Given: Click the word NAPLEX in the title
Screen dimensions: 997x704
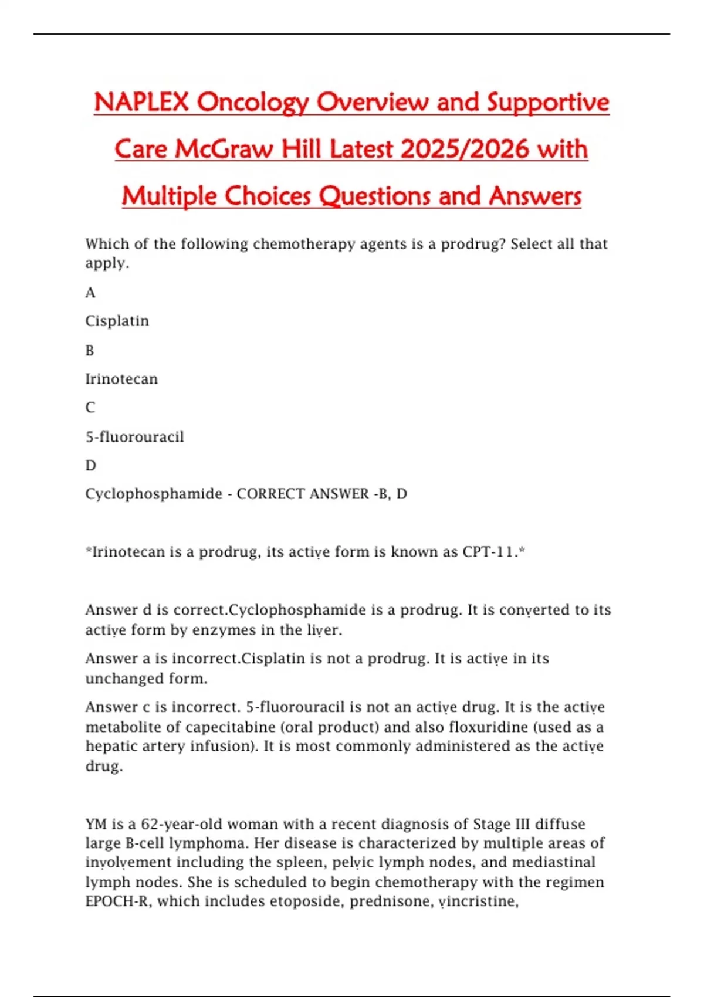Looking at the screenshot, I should click(141, 102).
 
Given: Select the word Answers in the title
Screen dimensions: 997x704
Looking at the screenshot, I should click(535, 196).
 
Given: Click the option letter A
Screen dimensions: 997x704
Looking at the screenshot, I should click(90, 293).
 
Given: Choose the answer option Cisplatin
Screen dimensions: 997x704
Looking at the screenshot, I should click(117, 321).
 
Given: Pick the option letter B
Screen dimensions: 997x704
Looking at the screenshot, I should click(90, 350).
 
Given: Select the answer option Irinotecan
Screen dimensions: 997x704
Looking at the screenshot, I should click(121, 379).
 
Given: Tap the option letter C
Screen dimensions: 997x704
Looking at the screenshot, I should click(90, 408).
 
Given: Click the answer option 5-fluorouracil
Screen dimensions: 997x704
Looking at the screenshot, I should click(134, 437).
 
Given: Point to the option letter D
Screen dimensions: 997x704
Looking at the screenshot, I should click(90, 466).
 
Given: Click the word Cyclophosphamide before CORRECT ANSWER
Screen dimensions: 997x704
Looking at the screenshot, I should click(154, 494).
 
